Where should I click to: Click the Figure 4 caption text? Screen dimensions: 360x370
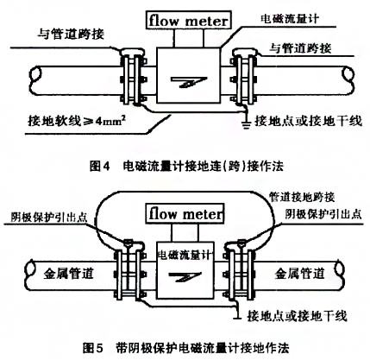coord(185,162)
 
